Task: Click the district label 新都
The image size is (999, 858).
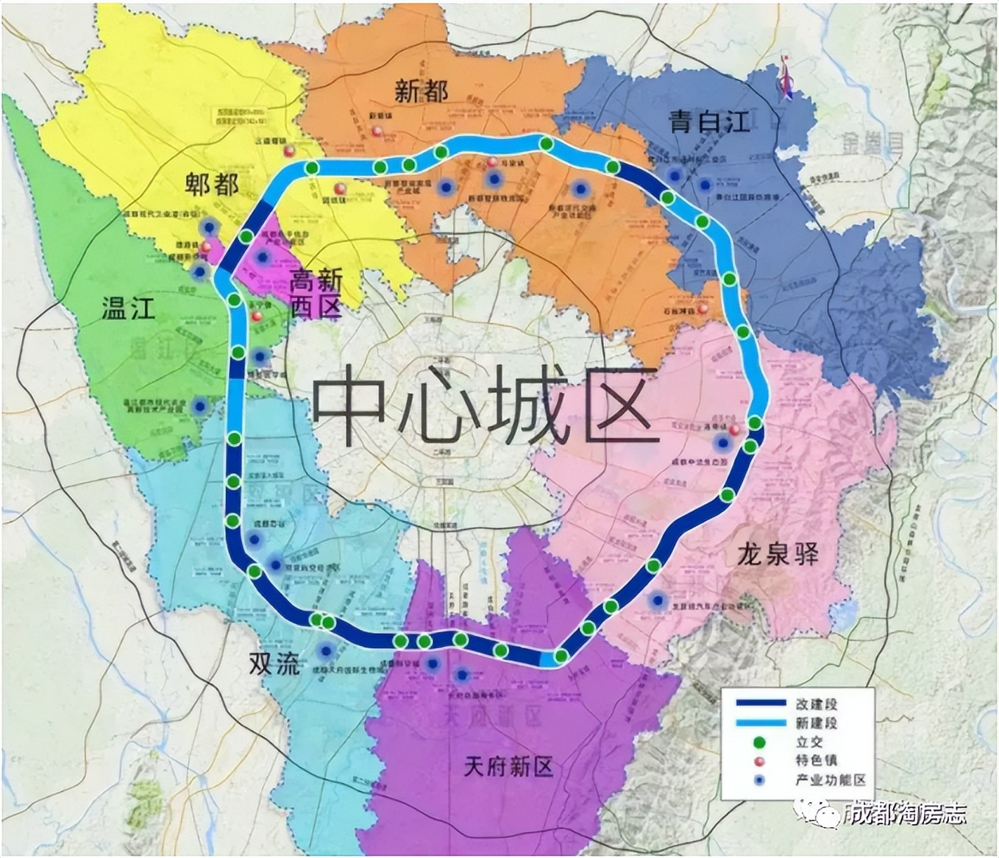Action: pyautogui.click(x=421, y=91)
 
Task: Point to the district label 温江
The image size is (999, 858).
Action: pyautogui.click(x=128, y=308)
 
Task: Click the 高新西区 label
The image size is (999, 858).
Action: pyautogui.click(x=316, y=293)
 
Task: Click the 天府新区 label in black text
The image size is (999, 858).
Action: pyautogui.click(x=508, y=767)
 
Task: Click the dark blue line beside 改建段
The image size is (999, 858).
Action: pyautogui.click(x=760, y=703)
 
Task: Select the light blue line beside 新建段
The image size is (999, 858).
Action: pyautogui.click(x=760, y=723)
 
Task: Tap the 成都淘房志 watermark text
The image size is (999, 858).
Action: pyautogui.click(x=904, y=814)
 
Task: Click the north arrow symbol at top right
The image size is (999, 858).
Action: pyautogui.click(x=786, y=77)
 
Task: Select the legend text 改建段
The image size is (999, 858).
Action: pyautogui.click(x=817, y=703)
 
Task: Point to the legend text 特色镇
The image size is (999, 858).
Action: pyautogui.click(x=817, y=761)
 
